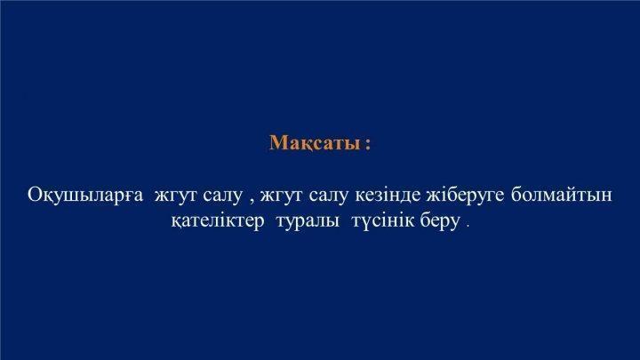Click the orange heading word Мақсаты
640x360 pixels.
point(315,143)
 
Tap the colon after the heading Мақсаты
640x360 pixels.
point(368,145)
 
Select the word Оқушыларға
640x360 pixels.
point(85,196)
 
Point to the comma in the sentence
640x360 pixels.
point(252,200)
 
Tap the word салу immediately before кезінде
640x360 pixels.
point(329,196)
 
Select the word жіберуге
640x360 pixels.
point(465,196)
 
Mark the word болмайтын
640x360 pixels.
point(562,195)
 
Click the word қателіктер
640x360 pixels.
point(218,221)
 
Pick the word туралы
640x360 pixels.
point(308,222)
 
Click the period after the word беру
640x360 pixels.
point(468,227)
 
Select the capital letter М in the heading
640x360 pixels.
point(279,143)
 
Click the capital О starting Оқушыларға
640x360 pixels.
point(35,195)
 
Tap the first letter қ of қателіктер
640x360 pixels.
point(177,223)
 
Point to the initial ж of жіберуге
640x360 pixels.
point(435,196)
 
